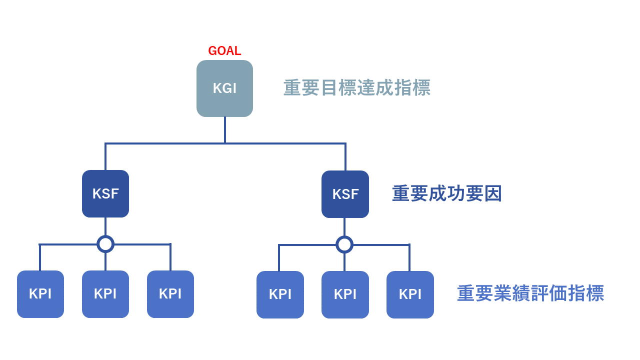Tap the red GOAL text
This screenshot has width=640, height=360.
[224, 51]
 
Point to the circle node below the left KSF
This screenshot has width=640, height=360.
[105, 244]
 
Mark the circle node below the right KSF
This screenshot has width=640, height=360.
[344, 244]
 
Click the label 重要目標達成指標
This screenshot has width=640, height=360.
[356, 88]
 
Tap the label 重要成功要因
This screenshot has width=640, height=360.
[446, 193]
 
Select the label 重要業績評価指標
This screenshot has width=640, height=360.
[530, 293]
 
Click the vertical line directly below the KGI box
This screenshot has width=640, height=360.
[224, 129]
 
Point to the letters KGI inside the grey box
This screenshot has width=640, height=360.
[224, 88]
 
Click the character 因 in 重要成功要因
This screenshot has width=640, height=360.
[492, 193]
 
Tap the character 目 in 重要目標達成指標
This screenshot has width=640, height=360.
[328, 88]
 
